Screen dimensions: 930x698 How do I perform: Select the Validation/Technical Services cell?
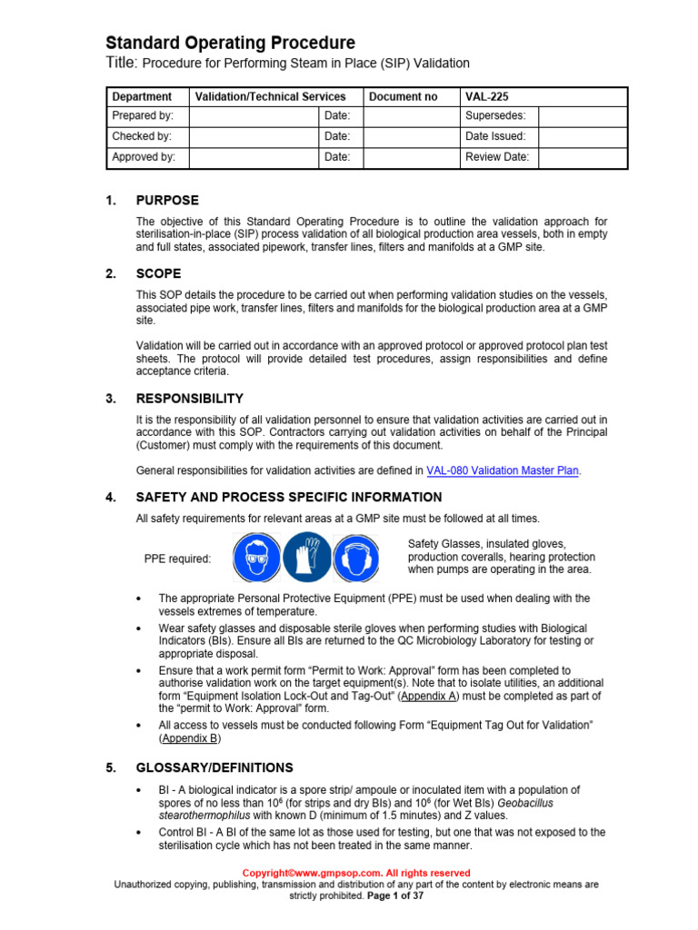click(x=270, y=96)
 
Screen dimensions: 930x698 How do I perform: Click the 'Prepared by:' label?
click(x=143, y=116)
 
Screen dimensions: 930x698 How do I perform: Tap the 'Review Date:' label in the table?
click(x=497, y=157)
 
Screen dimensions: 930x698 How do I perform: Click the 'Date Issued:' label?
click(x=495, y=136)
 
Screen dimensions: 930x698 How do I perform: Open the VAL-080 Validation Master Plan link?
click(x=503, y=470)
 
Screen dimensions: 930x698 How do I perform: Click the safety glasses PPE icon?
click(x=255, y=558)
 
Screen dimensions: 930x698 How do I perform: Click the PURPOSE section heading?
click(x=167, y=201)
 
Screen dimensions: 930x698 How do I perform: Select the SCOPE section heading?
click(x=158, y=273)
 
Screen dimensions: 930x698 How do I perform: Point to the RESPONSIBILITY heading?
click(x=189, y=398)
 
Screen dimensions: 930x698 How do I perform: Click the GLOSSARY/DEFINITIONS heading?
click(x=214, y=767)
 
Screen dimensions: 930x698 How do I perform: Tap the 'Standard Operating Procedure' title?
click(x=231, y=43)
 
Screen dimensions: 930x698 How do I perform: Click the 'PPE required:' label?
click(x=177, y=559)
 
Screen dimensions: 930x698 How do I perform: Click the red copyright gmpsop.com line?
click(x=355, y=873)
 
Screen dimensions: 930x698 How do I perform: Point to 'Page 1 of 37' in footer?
click(x=395, y=895)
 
